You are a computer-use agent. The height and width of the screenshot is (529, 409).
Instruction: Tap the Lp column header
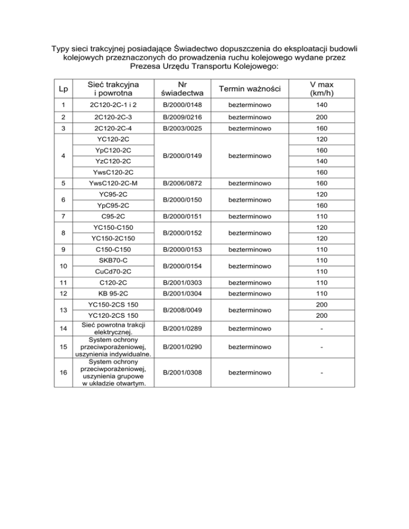point(63,89)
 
